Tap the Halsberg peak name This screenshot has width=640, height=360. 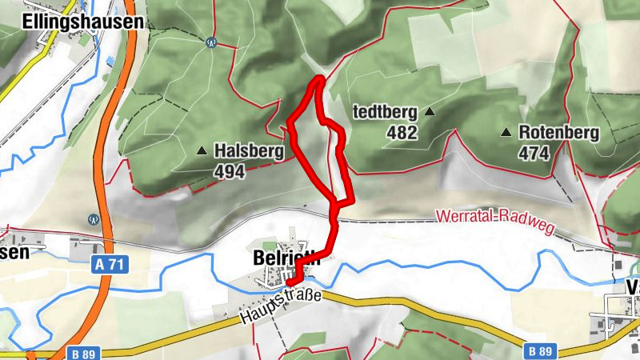249,150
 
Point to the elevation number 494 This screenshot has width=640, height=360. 229,170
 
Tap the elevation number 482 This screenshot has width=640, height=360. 402,133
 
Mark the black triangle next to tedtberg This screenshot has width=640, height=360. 430,112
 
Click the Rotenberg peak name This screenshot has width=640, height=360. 558,132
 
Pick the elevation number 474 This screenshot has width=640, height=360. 534,153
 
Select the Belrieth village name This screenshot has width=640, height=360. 286,258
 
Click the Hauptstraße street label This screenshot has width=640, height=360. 279,307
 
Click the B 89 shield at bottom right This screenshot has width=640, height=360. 542,350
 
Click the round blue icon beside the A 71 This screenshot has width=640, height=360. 94,218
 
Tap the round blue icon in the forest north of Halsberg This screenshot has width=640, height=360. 210,42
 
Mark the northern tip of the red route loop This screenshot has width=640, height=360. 320,78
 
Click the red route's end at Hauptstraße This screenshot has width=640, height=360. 290,282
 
